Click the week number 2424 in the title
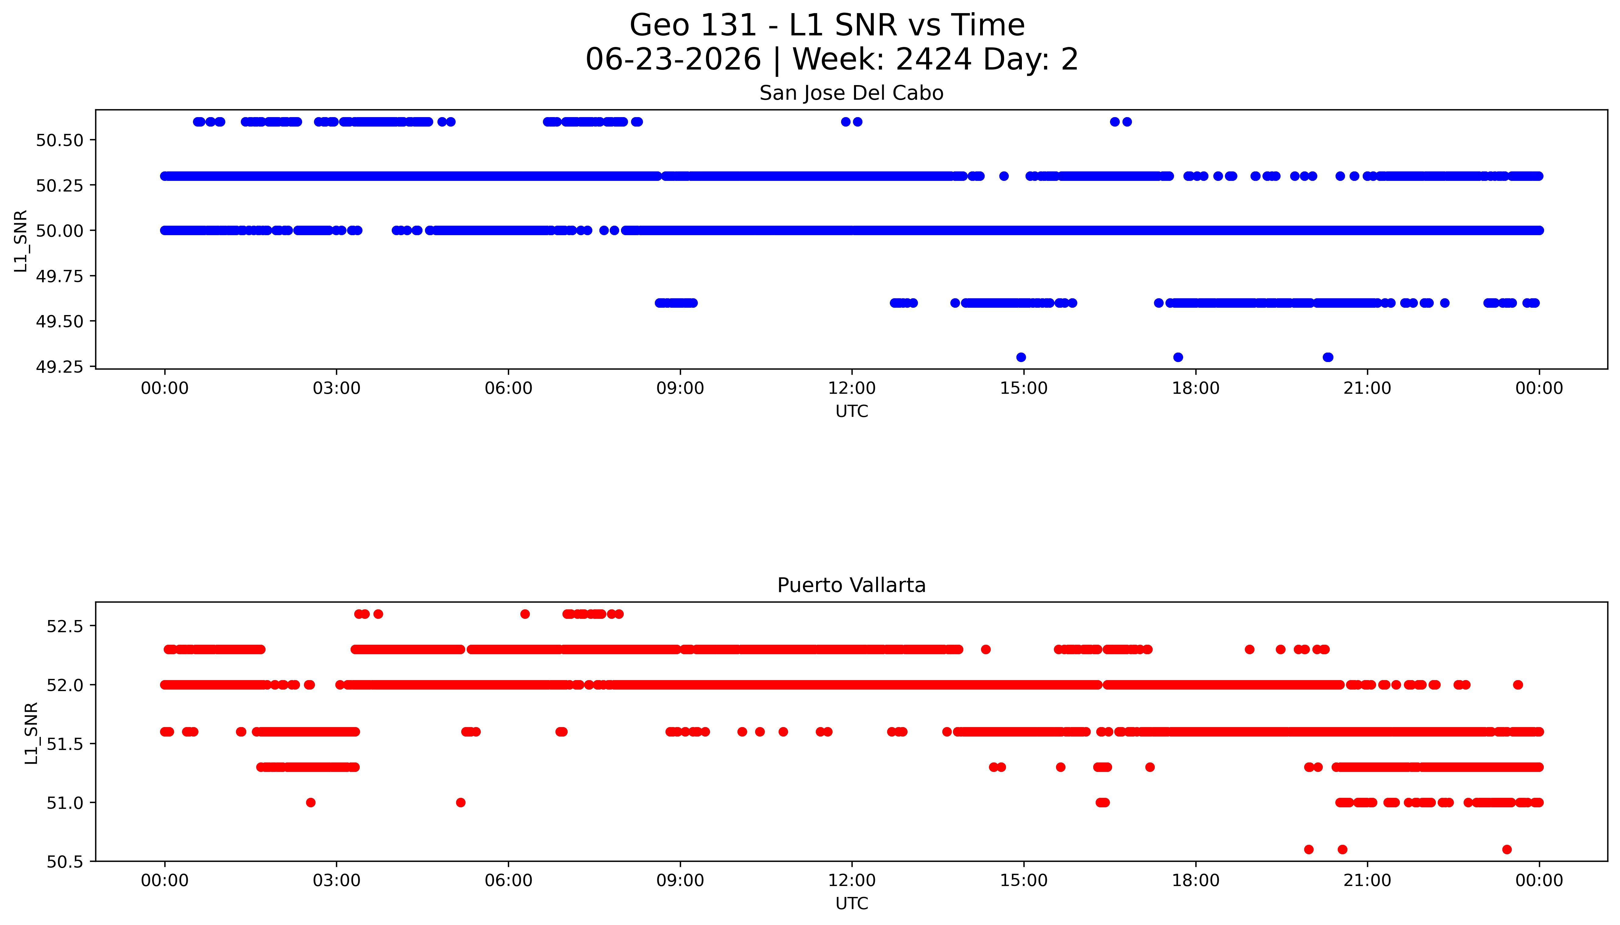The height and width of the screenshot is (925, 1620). [x=933, y=59]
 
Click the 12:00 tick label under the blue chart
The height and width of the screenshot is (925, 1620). [x=851, y=388]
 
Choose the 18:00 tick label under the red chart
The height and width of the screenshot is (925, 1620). [x=1195, y=880]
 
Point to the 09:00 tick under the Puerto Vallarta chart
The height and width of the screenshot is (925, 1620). [x=680, y=880]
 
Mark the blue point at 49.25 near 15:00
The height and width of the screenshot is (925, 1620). [x=1021, y=357]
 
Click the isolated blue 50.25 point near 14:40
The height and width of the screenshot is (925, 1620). [x=1004, y=176]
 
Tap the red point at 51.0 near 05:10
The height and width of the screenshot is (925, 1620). [x=461, y=802]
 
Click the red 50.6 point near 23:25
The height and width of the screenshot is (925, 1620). [x=1507, y=849]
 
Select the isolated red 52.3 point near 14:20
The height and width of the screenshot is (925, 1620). [x=986, y=649]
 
